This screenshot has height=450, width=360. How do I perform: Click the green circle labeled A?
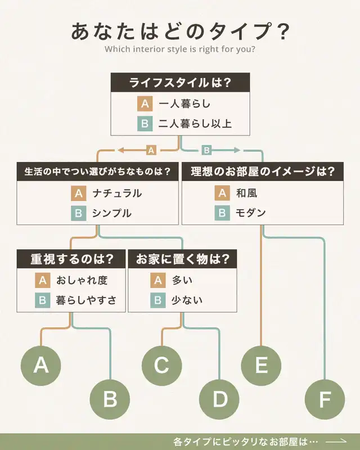click(x=41, y=365)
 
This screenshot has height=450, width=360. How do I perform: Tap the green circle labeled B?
click(x=110, y=399)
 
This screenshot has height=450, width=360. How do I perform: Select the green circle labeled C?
click(x=161, y=365)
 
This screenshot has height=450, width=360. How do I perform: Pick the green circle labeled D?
click(x=220, y=399)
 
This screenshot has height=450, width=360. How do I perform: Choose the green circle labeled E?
click(x=261, y=365)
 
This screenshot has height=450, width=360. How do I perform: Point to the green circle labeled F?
click(x=325, y=399)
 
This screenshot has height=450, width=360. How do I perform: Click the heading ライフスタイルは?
click(x=180, y=82)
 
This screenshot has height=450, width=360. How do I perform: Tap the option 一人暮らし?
click(x=185, y=104)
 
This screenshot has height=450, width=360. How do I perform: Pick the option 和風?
click(x=247, y=193)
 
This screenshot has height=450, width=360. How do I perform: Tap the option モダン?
click(x=250, y=213)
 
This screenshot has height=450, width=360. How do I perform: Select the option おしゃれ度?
click(x=82, y=280)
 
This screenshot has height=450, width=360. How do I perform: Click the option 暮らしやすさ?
click(x=86, y=300)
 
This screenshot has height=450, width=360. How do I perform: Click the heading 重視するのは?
click(x=71, y=259)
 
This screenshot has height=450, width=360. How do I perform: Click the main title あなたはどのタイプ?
click(x=180, y=31)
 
